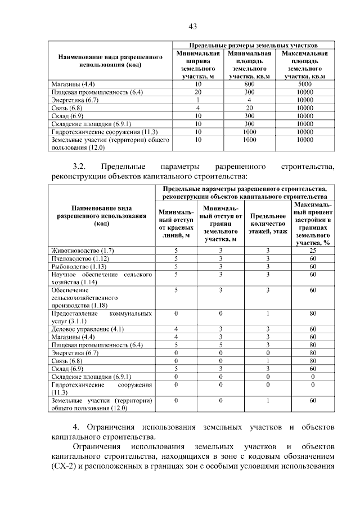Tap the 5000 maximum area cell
[305, 84]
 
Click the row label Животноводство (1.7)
[83, 250]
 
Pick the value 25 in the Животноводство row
[313, 250]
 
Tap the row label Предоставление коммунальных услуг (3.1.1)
[102, 316]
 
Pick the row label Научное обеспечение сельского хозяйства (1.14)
[102, 278]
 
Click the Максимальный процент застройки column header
[313, 223]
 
